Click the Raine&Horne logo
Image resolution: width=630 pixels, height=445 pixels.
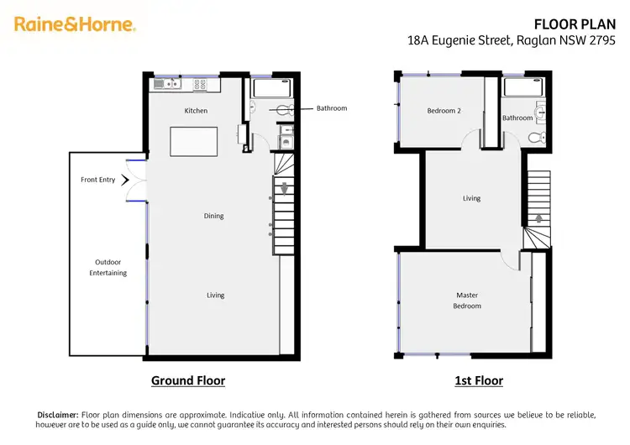[x=75, y=24]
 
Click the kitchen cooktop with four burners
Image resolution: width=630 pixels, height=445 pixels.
[x=201, y=83]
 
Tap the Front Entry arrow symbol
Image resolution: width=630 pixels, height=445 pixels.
[x=126, y=180]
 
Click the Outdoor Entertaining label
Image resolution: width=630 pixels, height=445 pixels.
[x=108, y=267]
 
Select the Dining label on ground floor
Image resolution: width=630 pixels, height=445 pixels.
[x=213, y=216]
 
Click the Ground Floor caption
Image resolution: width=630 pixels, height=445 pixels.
[x=188, y=380]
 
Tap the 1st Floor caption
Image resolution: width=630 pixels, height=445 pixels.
[x=479, y=380]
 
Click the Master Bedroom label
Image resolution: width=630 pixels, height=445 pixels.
[x=467, y=300]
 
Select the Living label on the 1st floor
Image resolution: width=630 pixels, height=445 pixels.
[x=472, y=198]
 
